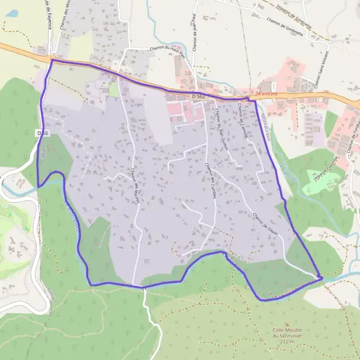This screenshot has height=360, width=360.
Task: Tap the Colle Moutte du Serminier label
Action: pyautogui.click(x=286, y=332)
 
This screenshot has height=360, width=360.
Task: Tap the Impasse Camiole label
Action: pyautogui.click(x=327, y=170)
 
